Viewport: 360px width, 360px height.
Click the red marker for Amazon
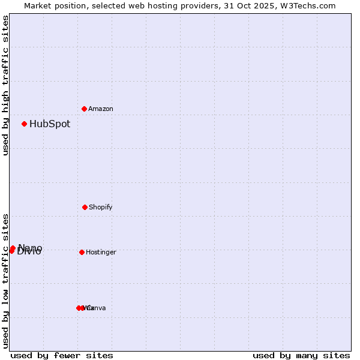85,109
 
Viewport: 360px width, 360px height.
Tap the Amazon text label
101,109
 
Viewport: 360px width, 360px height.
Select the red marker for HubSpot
25,124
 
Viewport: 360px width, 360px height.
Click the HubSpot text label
50,124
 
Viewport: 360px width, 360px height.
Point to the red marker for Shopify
85,207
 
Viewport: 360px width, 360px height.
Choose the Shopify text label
101,207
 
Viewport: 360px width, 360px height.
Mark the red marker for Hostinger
82,252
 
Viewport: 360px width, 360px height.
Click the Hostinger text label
101,252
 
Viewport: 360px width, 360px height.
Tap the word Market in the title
39,5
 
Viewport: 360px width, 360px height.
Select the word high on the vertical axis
6,90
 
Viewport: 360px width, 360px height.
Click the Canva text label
97,308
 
